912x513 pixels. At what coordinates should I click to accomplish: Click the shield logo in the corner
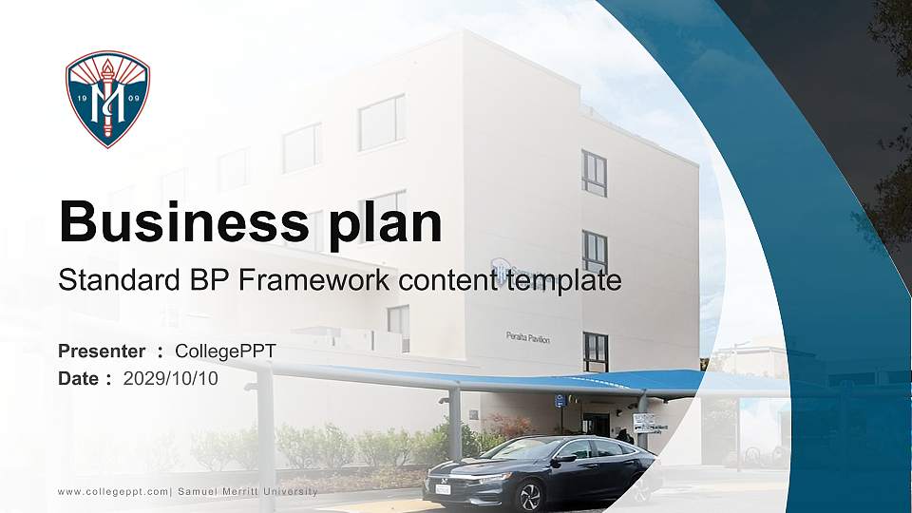[107, 99]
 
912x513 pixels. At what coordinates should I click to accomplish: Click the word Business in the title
[178, 222]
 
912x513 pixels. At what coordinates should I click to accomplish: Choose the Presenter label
[102, 351]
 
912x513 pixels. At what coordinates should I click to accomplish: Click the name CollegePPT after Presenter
[226, 351]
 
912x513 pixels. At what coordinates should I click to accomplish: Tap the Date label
[79, 378]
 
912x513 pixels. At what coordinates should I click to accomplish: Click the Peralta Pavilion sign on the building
[527, 338]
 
